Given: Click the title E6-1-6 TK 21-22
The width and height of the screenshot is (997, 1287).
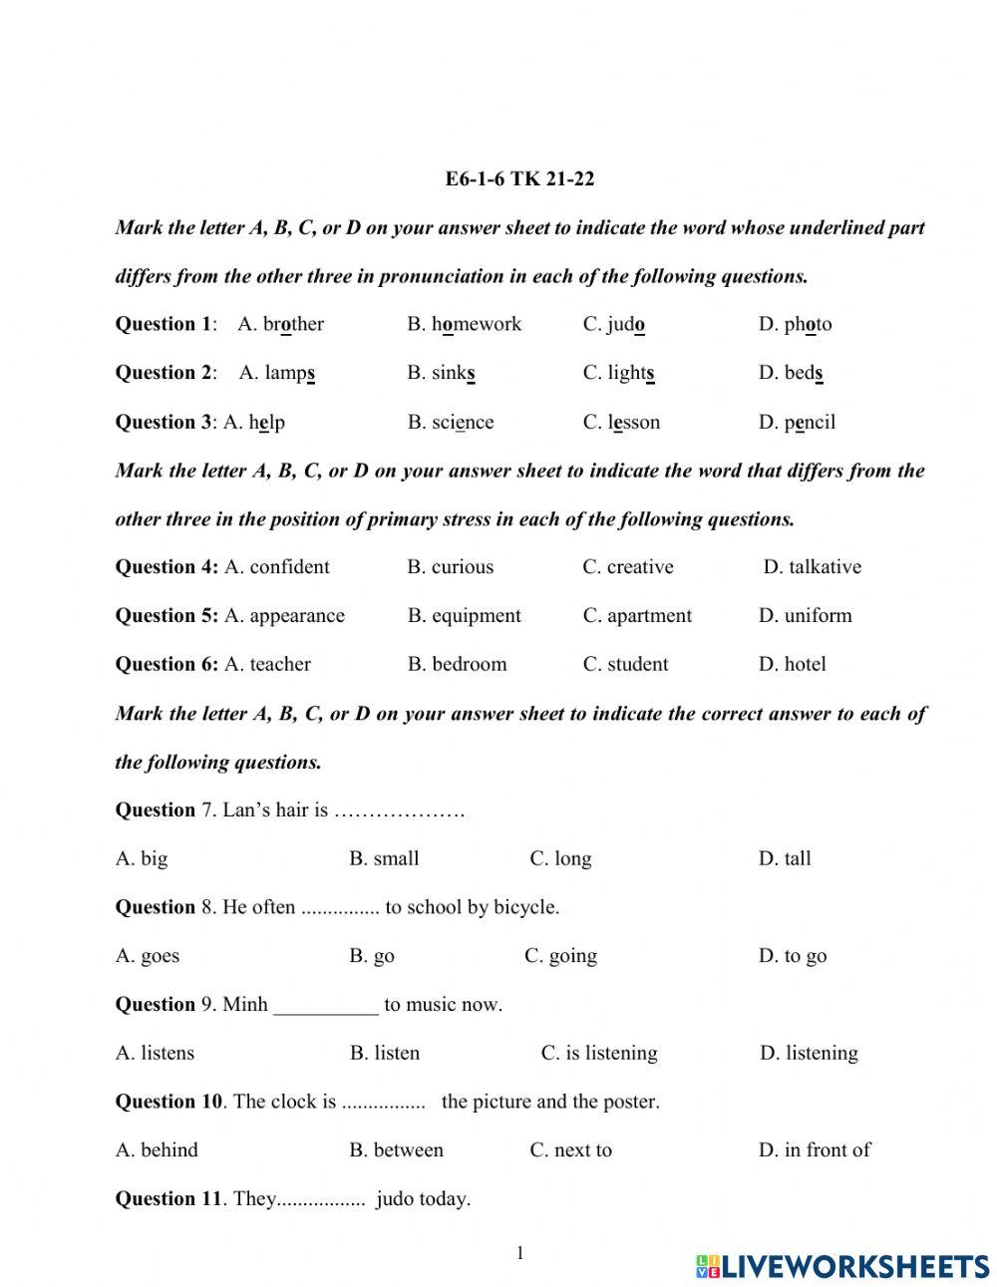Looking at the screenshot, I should click(x=519, y=179).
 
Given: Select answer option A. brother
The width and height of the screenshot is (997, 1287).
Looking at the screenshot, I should click(x=281, y=324).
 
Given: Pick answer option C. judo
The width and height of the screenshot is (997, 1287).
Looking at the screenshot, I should click(x=614, y=324).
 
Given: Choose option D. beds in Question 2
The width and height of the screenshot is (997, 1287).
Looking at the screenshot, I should click(x=791, y=373).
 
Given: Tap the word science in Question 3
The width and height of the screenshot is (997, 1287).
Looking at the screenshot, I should click(x=463, y=422).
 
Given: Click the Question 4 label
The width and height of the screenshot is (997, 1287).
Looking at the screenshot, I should click(x=166, y=567).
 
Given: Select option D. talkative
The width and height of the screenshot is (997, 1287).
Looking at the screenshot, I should click(x=812, y=567).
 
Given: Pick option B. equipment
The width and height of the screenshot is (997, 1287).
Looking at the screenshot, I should click(x=464, y=616).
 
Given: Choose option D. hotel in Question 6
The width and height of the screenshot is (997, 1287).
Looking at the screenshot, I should click(x=792, y=664).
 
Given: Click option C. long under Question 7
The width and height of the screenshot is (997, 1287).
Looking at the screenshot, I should click(x=560, y=858).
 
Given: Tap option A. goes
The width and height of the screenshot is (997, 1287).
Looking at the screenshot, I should click(x=148, y=956).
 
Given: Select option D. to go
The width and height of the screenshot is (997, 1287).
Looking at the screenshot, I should click(x=793, y=956).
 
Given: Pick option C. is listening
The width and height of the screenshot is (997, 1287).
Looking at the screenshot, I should click(x=599, y=1053).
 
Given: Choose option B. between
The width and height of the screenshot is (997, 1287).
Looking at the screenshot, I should click(x=396, y=1150).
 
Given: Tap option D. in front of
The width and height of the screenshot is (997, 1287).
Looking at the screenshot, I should click(x=814, y=1150).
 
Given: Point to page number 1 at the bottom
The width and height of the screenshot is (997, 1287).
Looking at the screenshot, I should click(x=519, y=1253).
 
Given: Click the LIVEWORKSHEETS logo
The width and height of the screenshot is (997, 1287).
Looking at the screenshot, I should click(x=842, y=1266).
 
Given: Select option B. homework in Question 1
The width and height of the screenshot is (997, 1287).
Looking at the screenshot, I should click(x=464, y=324).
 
